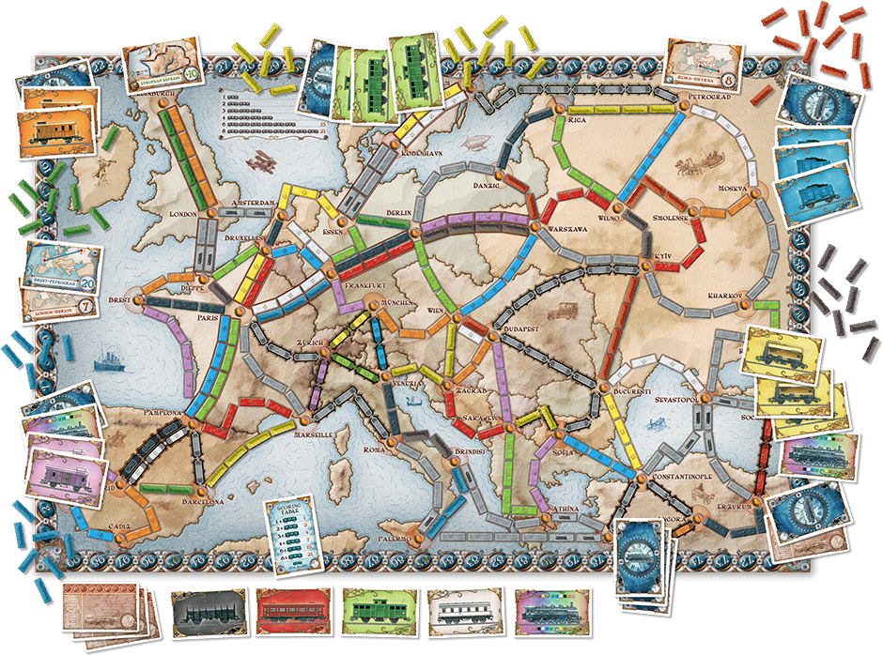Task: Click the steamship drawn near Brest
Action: (111, 358)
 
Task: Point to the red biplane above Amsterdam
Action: (260, 161)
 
